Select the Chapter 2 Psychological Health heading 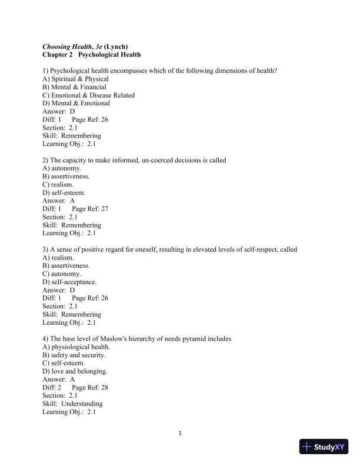click(91, 55)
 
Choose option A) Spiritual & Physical click(75, 79)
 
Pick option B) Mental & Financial click(74, 87)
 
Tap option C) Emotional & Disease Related click(88, 95)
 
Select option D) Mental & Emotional click(76, 104)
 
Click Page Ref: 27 click(89, 209)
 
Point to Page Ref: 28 click(89, 388)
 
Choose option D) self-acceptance click(69, 282)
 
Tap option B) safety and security click(74, 355)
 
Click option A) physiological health click(76, 347)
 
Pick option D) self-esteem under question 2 click(64, 192)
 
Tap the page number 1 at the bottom click(180, 434)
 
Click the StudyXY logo click(324, 447)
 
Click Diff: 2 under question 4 click(52, 388)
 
